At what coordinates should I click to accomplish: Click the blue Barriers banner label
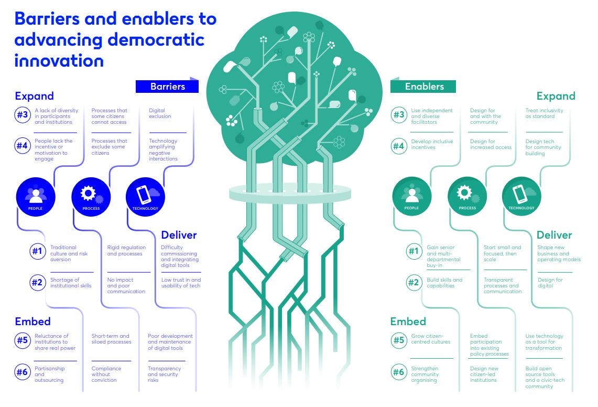167,87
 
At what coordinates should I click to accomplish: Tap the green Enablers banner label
424,87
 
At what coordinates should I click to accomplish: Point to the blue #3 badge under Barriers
22,116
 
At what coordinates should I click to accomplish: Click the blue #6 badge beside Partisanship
22,372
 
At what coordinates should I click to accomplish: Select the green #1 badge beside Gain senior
414,251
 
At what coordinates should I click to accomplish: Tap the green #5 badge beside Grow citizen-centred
399,340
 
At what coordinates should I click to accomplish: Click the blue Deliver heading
179,234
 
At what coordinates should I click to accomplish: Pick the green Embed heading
408,322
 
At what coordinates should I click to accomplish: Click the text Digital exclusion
160,113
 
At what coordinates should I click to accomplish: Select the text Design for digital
550,283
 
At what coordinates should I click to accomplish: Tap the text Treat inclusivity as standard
543,113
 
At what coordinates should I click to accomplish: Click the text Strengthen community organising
425,374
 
